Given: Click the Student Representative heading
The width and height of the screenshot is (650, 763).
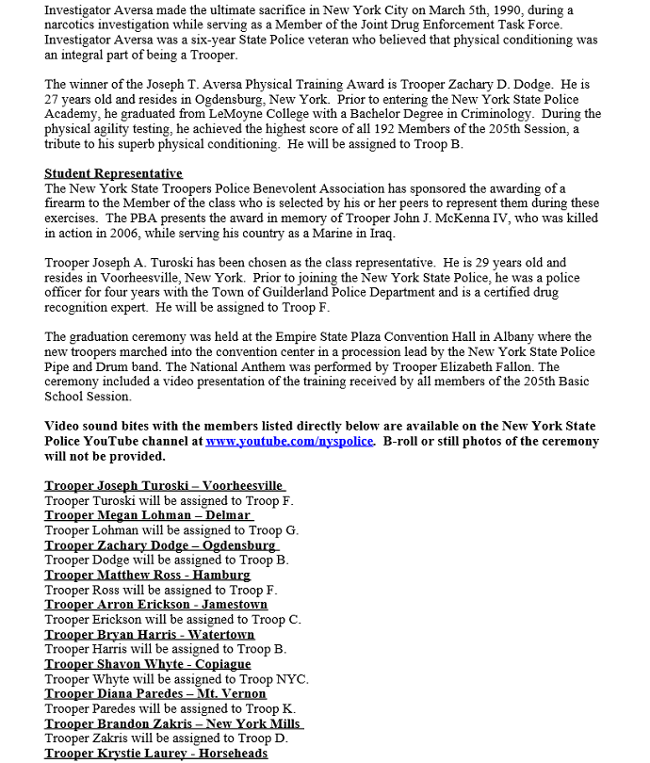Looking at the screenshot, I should coord(113,173).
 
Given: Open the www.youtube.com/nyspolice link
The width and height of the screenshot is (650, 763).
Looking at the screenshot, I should coord(290,441).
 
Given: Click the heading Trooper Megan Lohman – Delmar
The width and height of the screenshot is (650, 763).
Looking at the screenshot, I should coord(148,515).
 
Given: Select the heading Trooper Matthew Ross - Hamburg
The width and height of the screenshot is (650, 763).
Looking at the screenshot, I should coord(147,575).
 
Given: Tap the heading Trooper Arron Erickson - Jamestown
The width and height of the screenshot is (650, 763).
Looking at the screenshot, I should coord(155,605).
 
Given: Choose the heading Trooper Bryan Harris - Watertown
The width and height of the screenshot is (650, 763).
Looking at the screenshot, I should coord(149,635).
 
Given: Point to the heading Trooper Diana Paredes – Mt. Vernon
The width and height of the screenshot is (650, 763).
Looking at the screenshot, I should coord(155,694).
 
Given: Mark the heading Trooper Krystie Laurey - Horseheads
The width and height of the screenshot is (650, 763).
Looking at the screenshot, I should coord(155,754).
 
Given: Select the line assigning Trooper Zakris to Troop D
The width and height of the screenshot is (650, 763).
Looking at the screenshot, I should coord(166,739).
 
